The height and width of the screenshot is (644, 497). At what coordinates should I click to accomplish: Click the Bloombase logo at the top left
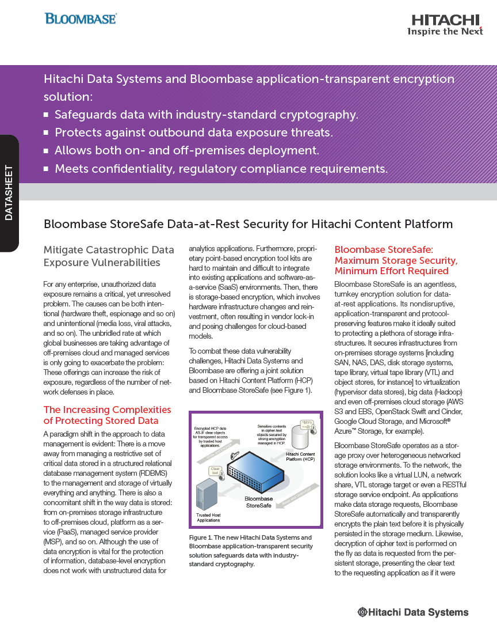coord(81,18)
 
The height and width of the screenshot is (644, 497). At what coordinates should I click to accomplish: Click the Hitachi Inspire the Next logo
coord(445,25)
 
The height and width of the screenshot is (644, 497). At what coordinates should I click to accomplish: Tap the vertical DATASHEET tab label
coord(9,193)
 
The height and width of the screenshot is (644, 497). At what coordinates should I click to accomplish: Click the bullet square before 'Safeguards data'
coord(46,115)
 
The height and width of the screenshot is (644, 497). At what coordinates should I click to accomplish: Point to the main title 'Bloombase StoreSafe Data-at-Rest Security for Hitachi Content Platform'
coord(248,224)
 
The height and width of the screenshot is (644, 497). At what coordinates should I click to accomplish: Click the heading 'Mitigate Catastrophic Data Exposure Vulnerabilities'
coord(109,256)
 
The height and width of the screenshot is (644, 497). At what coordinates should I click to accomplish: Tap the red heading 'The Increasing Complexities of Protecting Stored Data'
coord(108,415)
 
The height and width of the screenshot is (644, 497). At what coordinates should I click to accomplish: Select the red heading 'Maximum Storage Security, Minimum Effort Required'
coord(396,266)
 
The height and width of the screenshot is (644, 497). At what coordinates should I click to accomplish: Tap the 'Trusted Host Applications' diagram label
coord(208,517)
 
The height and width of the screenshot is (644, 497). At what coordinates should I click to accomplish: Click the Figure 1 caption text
coord(251,551)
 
